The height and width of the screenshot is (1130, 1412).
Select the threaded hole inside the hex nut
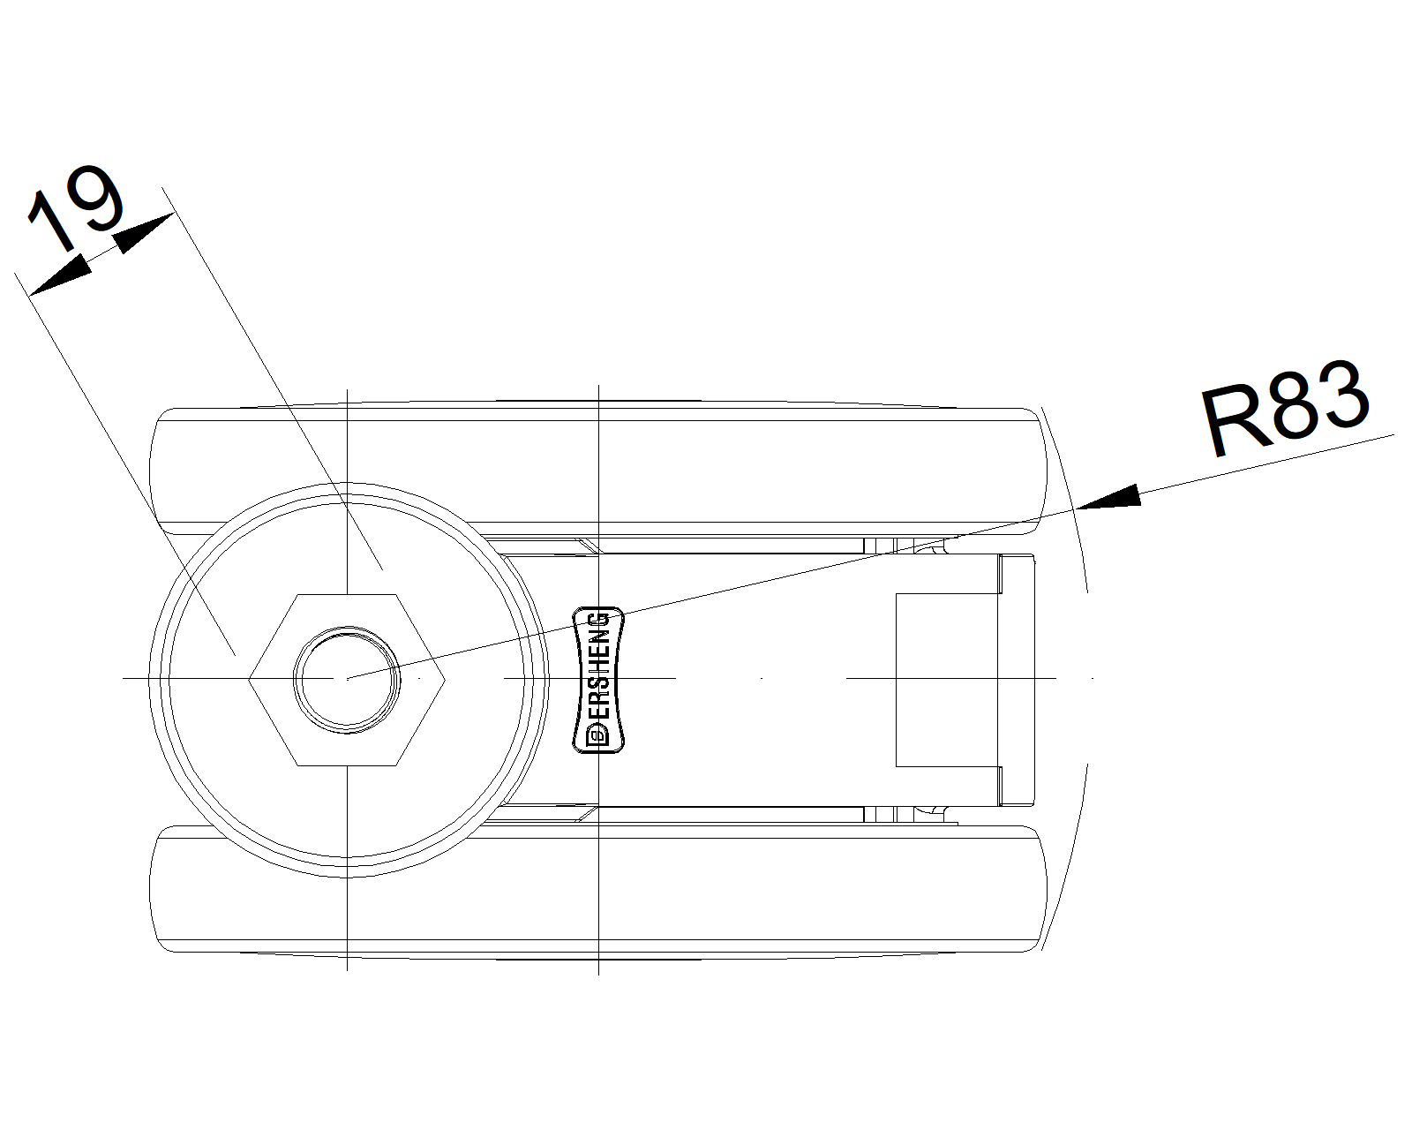pos(347,678)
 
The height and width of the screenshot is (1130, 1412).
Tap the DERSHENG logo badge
pos(598,679)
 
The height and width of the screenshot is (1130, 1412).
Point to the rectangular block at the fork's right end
pos(948,679)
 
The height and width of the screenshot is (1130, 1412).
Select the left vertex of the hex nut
pos(250,678)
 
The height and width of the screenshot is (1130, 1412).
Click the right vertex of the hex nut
pos(444,678)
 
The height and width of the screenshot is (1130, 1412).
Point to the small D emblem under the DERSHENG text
pos(597,734)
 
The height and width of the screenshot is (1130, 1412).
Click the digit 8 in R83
pos(1285,408)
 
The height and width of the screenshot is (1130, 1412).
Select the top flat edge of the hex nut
pos(347,594)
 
